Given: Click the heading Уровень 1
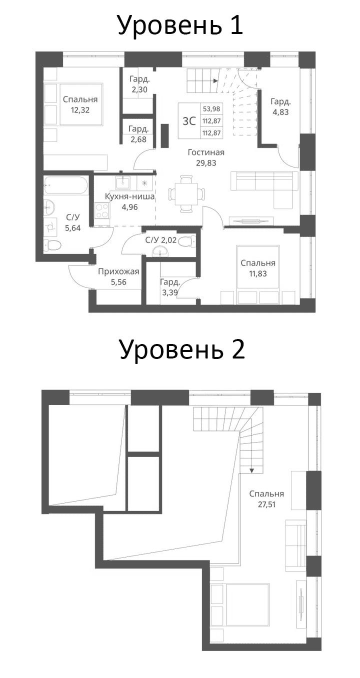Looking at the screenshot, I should (x=180, y=25).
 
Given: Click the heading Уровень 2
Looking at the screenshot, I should (x=181, y=350).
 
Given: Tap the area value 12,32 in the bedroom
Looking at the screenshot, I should (x=80, y=110).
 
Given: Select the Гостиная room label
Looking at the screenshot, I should (x=206, y=152).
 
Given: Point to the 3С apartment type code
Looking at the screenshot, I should (x=189, y=120).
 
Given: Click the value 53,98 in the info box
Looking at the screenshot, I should (x=212, y=109).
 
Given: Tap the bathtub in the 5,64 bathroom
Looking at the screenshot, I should (x=65, y=186).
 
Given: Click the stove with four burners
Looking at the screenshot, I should (x=102, y=210).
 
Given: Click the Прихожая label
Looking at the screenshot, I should (x=118, y=272).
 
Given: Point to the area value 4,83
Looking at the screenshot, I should (x=280, y=112).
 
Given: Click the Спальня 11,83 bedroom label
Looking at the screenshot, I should (x=258, y=263).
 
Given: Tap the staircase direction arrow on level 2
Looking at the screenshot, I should (x=251, y=469).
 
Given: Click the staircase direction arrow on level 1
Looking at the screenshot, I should (x=214, y=80).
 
